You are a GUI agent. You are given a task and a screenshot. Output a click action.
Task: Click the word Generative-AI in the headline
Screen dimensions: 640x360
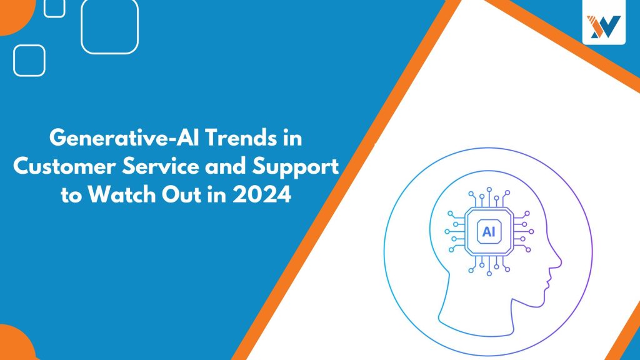point(124,137)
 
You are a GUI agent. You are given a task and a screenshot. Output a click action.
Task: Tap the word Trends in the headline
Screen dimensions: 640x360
point(240,137)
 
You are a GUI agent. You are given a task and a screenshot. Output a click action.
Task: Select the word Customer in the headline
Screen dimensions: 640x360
point(65,166)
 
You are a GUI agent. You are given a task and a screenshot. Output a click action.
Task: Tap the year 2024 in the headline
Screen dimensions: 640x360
point(262,194)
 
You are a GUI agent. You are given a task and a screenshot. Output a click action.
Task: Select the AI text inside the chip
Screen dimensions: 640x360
point(489,232)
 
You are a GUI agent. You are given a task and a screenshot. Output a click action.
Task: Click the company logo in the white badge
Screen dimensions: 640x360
point(604,27)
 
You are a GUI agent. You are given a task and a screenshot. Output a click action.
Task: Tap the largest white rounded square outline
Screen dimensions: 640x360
point(110,26)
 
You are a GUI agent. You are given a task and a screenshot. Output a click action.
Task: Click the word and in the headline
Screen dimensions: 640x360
point(226,166)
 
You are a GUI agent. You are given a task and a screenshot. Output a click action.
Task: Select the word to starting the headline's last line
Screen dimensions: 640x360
point(71,195)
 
